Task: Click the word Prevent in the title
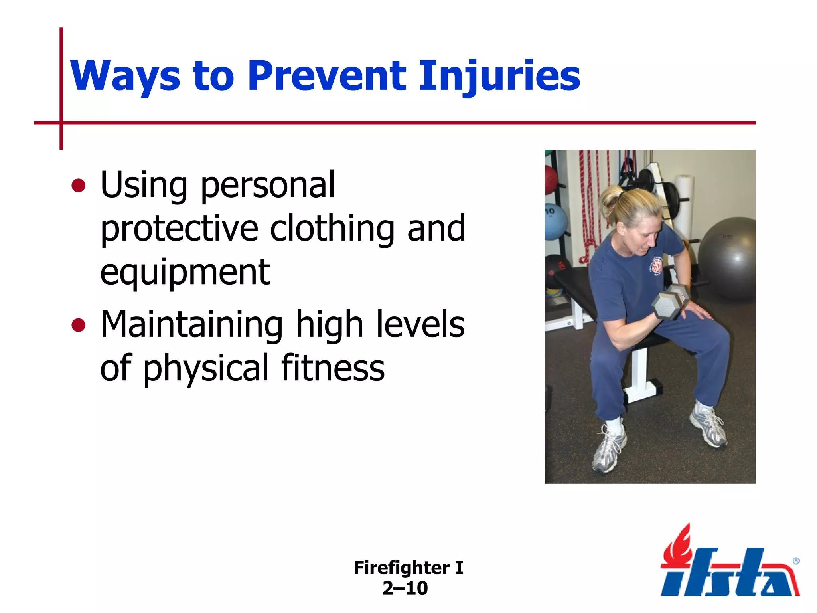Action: coord(327,76)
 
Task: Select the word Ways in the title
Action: coord(125,76)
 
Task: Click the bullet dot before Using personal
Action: coord(79,186)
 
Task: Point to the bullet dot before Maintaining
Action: coord(79,325)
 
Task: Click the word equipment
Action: coord(185,272)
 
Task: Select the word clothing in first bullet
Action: coord(332,228)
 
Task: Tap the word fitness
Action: coord(333,368)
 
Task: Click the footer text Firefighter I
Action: coord(408,568)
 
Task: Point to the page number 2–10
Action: coord(405,588)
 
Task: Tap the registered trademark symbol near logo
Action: coord(796,561)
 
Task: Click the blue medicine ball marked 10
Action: coord(555,221)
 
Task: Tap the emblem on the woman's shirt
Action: coord(657,267)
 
